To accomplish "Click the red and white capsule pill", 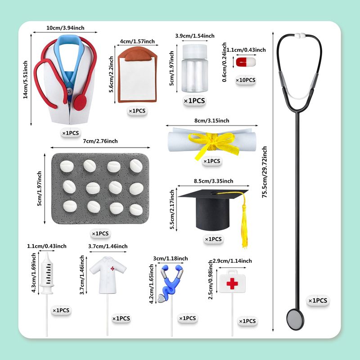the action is click(246, 62).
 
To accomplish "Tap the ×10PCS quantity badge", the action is click(246, 80).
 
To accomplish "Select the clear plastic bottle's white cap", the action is click(195, 51).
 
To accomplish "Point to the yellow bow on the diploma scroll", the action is click(213, 144).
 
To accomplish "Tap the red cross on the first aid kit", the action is click(232, 283).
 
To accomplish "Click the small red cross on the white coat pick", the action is click(112, 268).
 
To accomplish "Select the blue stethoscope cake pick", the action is click(171, 283).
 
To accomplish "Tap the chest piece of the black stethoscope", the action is click(295, 319).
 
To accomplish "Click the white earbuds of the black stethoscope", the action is click(300, 36).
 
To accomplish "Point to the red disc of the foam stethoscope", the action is click(80, 103).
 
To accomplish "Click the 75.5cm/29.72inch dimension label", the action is click(265, 172).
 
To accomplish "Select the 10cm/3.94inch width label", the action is click(65, 28).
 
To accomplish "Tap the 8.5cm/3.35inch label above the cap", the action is click(213, 181).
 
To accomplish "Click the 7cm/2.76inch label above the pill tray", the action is click(100, 141).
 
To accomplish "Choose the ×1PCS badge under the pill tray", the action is click(100, 234).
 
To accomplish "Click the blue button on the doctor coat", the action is click(69, 91).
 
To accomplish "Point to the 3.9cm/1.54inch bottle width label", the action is click(195, 36).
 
